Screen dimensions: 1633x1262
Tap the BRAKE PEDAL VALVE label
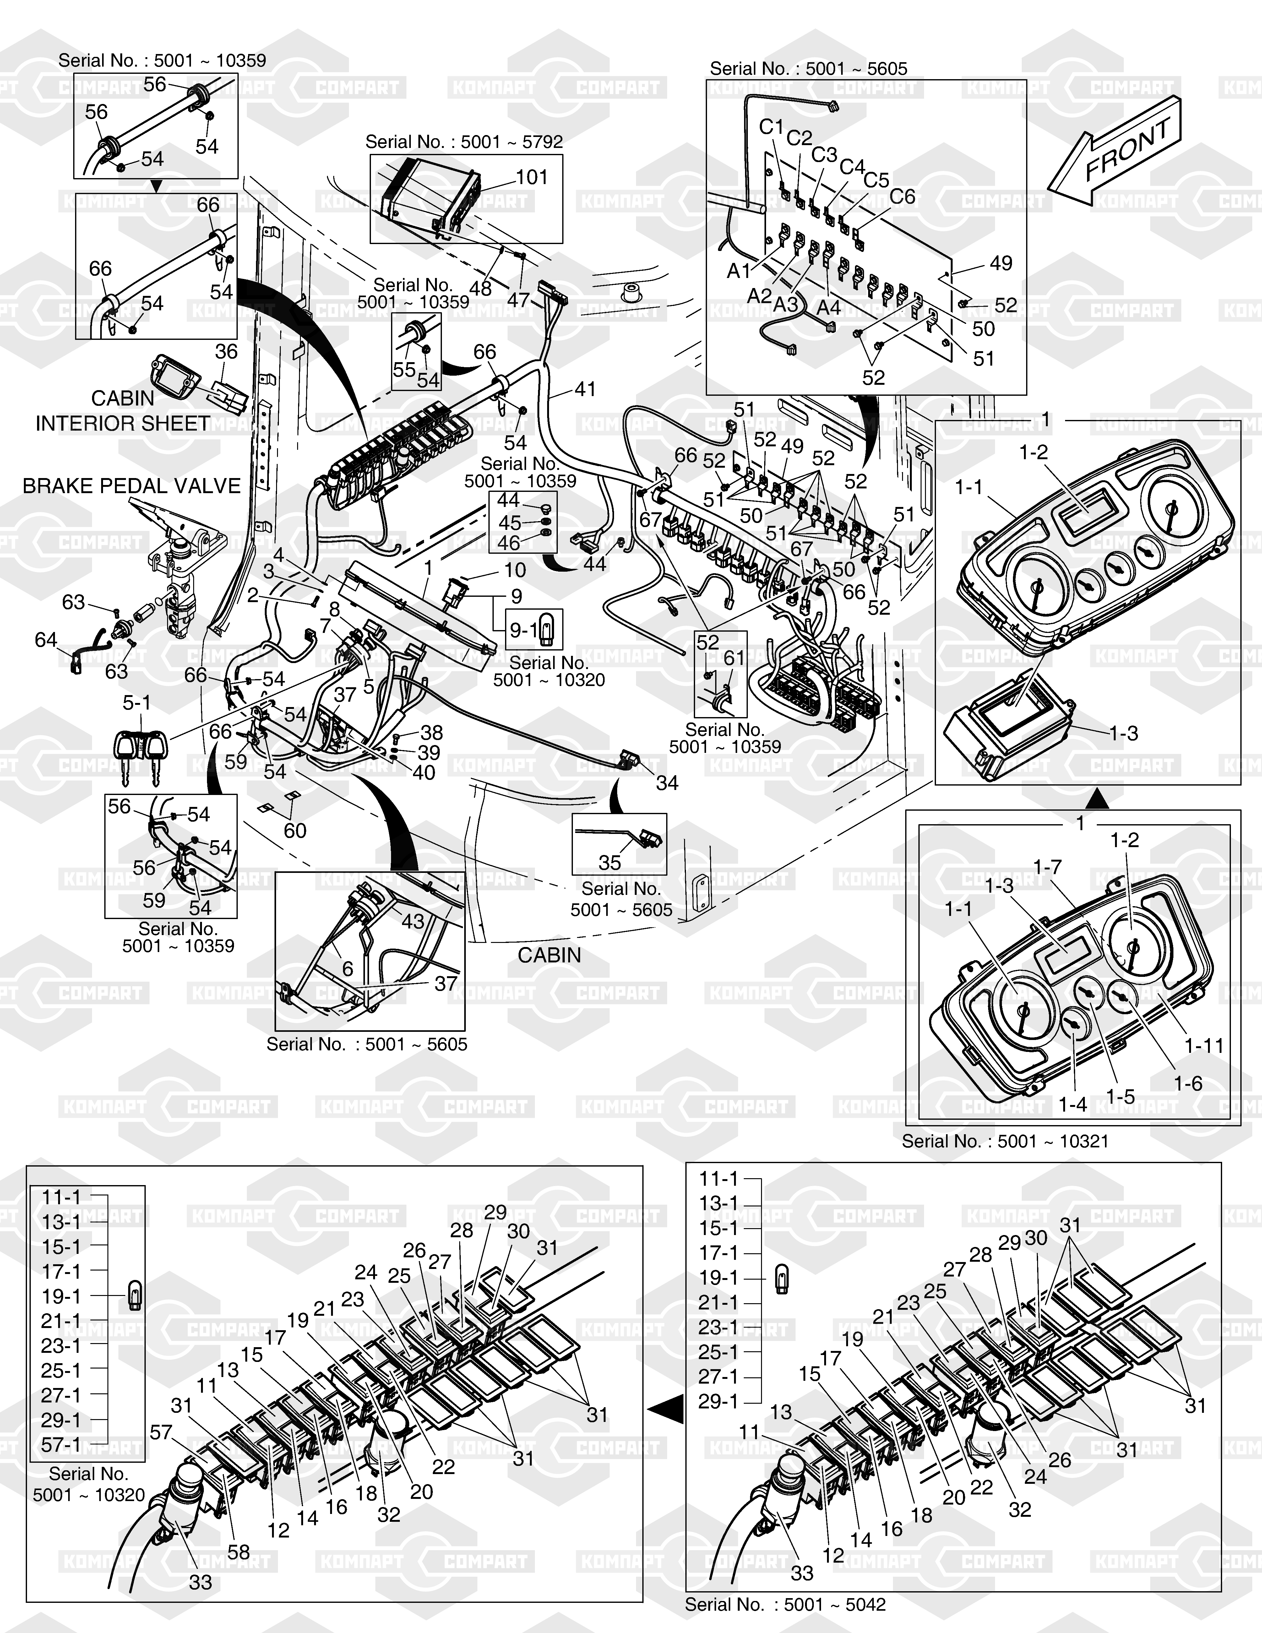pyautogui.click(x=132, y=486)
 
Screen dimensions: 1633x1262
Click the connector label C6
pyautogui.click(x=902, y=197)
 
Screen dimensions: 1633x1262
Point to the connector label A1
pyautogui.click(x=739, y=271)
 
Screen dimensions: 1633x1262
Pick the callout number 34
pyautogui.click(x=666, y=783)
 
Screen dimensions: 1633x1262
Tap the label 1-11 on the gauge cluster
pyautogui.click(x=1204, y=1045)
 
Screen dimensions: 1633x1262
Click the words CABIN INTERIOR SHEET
pyautogui.click(x=122, y=411)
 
